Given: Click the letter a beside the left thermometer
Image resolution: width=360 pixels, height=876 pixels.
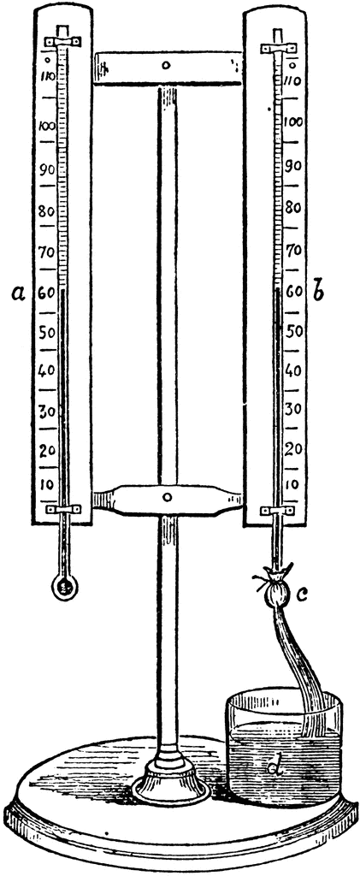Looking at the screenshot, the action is coord(19,293).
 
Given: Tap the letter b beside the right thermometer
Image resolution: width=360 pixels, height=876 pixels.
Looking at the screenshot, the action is coord(319,291).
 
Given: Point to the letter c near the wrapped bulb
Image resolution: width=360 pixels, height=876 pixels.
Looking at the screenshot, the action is coord(301,596).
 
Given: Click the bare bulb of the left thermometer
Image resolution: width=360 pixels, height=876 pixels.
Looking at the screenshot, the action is coord(64,587).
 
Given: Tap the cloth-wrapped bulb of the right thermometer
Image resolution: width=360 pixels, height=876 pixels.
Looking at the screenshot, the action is coord(276,590).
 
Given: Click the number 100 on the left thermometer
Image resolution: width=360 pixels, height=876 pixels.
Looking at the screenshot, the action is coord(47,126).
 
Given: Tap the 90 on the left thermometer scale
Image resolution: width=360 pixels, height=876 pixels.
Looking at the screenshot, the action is coord(47,170).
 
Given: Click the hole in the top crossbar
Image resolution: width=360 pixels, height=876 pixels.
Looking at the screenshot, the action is coord(166,66).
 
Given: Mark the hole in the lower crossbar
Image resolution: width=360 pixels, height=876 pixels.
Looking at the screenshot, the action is coord(168,497).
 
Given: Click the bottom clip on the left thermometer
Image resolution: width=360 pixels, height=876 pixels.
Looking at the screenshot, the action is coord(63,509).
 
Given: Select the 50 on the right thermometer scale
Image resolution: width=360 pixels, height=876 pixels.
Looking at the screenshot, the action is coord(293,330).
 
